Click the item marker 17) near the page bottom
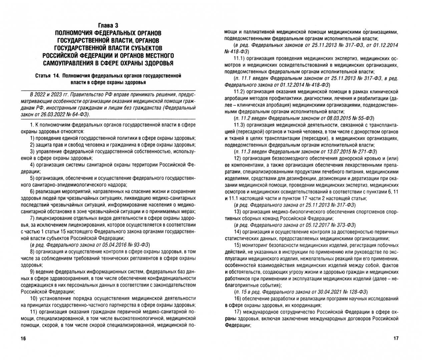pos(238,312)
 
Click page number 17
pos(396,339)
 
